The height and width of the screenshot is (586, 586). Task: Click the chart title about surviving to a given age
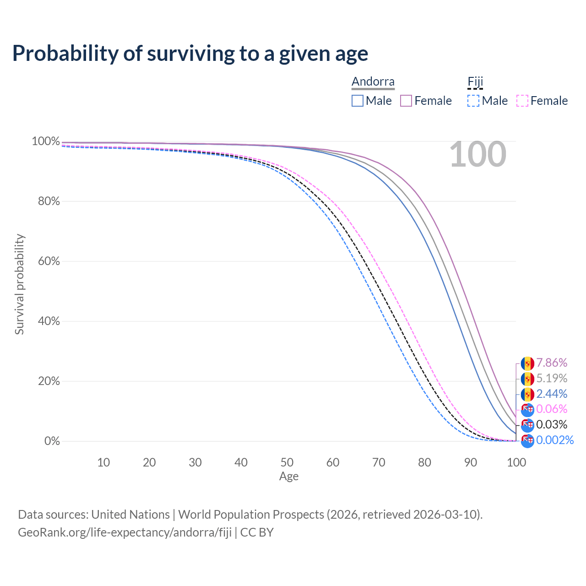click(x=190, y=54)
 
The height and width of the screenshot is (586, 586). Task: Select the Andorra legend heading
click(x=373, y=81)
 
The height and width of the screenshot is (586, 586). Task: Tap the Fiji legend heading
click(x=475, y=82)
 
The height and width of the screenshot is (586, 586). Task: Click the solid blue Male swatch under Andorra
click(x=358, y=101)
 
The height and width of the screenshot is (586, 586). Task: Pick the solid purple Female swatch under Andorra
click(x=406, y=101)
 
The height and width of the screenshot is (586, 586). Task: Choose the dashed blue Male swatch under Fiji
click(x=473, y=101)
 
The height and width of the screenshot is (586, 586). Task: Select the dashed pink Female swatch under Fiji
click(x=522, y=101)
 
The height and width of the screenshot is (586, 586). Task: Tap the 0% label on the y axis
click(x=52, y=441)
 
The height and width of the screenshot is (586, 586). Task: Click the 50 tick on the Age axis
click(x=287, y=462)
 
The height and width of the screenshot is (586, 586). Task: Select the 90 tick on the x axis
click(x=471, y=462)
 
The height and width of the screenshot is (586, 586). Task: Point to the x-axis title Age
click(x=289, y=476)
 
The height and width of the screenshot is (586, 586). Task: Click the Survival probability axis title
click(x=19, y=284)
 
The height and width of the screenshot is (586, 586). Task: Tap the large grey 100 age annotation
click(x=477, y=155)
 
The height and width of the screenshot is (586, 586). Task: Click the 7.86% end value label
click(x=552, y=363)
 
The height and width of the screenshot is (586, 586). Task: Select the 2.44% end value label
click(x=552, y=394)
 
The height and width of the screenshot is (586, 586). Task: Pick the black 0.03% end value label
click(x=552, y=425)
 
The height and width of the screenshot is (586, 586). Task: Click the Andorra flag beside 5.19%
click(x=527, y=379)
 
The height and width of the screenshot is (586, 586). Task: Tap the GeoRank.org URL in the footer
click(x=125, y=532)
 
